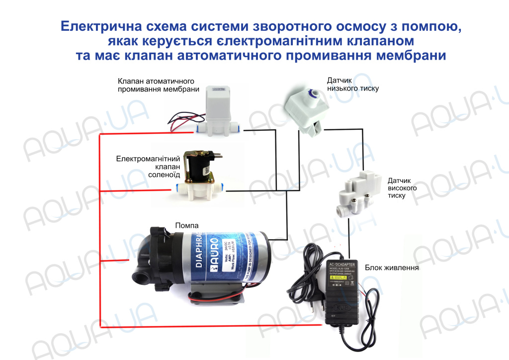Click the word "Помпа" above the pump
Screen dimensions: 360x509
pyautogui.click(x=187, y=226)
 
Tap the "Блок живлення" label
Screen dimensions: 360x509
pyautogui.click(x=393, y=268)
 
